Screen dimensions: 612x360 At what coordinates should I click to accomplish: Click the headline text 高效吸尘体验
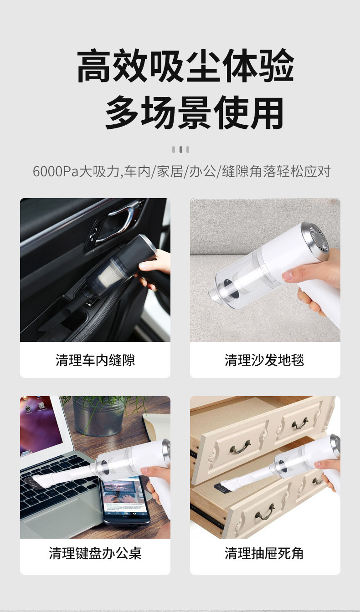click(185, 66)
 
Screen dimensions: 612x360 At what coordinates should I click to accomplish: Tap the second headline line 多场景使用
click(194, 112)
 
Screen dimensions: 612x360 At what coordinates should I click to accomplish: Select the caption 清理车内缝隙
click(95, 360)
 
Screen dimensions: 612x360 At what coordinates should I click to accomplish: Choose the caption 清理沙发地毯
click(264, 360)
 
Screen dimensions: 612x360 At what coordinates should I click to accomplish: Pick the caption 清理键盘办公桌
click(95, 553)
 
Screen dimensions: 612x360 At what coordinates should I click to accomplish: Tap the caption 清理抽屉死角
click(264, 553)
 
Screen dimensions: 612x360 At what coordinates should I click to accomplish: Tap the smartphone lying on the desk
click(124, 499)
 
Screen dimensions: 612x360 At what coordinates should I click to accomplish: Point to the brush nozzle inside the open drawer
click(226, 486)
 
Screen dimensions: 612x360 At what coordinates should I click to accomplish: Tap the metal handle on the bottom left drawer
click(264, 515)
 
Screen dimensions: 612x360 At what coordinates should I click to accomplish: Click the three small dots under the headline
click(180, 149)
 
